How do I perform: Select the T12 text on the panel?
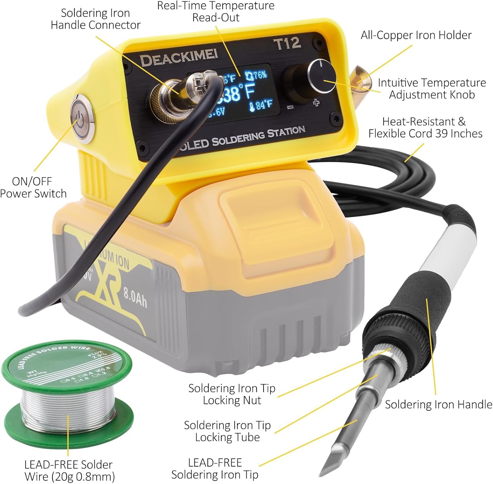287,43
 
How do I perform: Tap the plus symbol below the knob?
316,103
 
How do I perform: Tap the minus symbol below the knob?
290,107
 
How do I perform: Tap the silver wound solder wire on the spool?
67,406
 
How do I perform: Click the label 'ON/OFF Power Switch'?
33,187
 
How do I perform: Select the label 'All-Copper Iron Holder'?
416,35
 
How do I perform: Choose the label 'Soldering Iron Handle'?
438,404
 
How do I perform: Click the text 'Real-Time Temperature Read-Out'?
215,12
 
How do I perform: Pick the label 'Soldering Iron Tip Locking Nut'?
232,394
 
